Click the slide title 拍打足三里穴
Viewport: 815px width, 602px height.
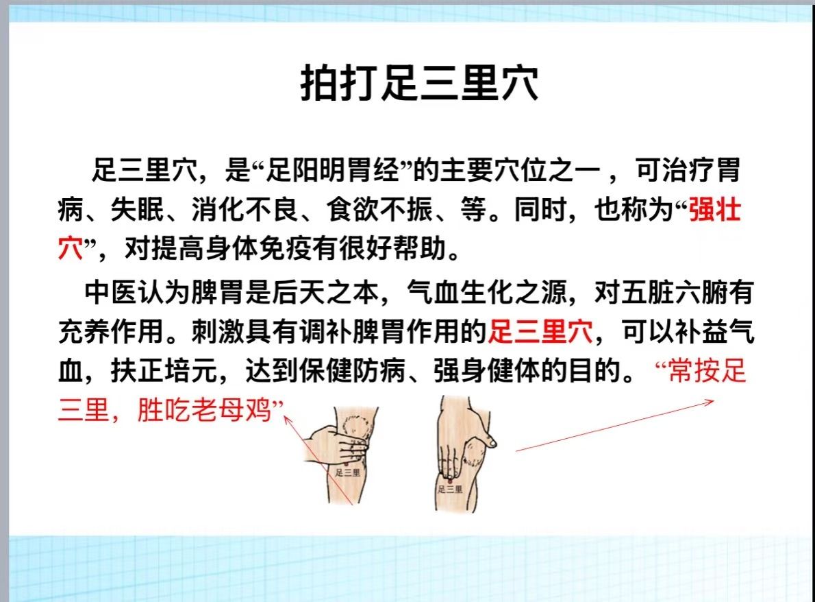419,83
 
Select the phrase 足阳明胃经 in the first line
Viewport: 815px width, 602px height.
332,170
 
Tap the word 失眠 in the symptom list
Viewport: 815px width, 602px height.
137,210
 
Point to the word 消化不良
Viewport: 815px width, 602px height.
244,210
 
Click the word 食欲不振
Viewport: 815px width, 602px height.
380,210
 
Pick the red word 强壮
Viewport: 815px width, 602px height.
715,210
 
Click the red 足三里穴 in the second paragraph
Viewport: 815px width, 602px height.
540,331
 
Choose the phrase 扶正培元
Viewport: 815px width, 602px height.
164,370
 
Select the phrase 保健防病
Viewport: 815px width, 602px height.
353,370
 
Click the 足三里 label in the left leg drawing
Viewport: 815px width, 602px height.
348,472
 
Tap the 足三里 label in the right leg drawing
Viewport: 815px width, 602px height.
450,489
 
